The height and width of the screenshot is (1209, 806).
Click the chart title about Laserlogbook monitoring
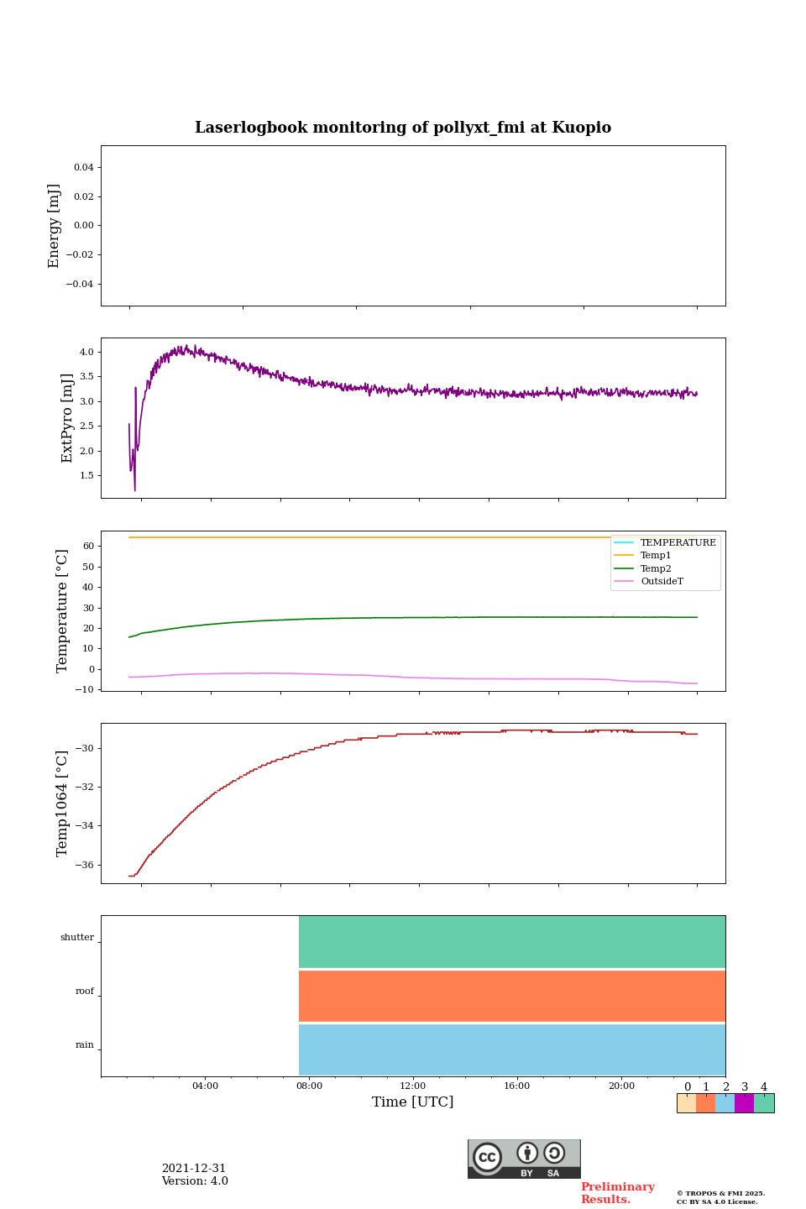coord(403,128)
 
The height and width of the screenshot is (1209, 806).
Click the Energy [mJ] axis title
coord(55,226)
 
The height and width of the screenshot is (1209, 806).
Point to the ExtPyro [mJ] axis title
coord(67,418)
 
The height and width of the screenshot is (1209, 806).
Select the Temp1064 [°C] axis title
coord(62,803)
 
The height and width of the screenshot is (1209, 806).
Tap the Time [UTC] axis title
coord(412,1102)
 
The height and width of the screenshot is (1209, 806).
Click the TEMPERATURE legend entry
coord(678,542)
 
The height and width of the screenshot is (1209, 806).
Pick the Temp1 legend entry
coord(656,555)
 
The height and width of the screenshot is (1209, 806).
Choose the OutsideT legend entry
coord(662,581)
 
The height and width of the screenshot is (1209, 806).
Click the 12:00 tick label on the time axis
coord(413,1086)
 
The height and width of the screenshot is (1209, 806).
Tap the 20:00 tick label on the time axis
coord(621,1086)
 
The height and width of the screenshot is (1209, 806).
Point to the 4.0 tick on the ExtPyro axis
coord(86,352)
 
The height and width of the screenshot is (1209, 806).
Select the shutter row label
coord(77,937)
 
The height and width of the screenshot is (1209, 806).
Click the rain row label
coord(85,1044)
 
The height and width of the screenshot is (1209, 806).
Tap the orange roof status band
coord(512,996)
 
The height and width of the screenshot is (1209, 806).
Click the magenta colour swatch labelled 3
coord(744,1103)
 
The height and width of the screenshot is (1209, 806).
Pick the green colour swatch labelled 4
coord(764,1103)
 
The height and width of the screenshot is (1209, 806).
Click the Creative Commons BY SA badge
coord(524,1159)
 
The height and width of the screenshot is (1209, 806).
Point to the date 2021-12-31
coord(194,1169)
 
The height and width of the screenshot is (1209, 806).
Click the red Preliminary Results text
coord(617,1193)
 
